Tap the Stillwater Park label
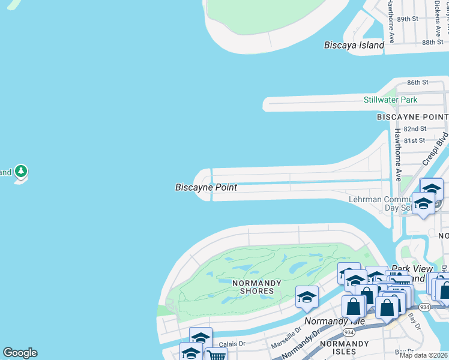tap(390, 100)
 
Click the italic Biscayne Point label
tap(206, 187)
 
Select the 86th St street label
tap(417, 82)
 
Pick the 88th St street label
tap(432, 43)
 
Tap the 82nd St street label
tap(415, 128)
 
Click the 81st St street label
tap(415, 140)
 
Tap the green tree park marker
tap(22, 172)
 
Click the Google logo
tap(20, 353)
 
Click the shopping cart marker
tap(216, 355)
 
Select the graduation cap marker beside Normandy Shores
tap(307, 297)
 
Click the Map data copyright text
tap(423, 355)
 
